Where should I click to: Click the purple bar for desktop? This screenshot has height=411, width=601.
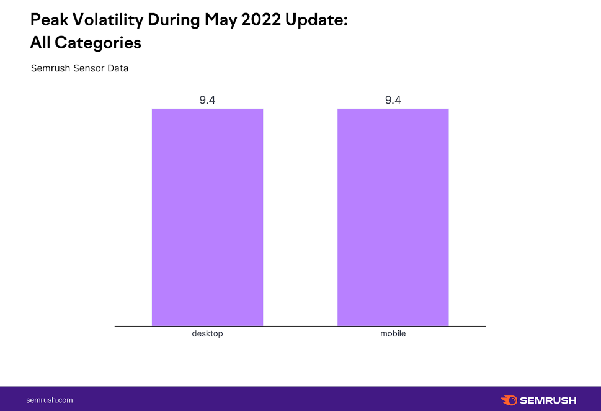(207, 217)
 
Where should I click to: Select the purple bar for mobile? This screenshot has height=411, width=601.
(393, 217)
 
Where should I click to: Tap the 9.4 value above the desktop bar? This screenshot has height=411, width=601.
(207, 100)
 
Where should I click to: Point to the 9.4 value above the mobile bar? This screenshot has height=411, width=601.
(393, 100)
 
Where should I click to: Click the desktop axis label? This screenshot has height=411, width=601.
(207, 334)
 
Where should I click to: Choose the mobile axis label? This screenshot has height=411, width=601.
(393, 334)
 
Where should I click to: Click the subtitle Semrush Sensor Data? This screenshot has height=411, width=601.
(79, 68)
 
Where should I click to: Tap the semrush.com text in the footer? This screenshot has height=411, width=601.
(50, 400)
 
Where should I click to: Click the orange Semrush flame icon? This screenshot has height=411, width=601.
(509, 400)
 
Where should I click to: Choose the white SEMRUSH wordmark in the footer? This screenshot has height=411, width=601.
(548, 400)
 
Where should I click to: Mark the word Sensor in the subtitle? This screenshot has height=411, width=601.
(87, 68)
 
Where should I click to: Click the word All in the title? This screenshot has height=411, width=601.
(40, 43)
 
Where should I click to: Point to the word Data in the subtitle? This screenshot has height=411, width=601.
(117, 68)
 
